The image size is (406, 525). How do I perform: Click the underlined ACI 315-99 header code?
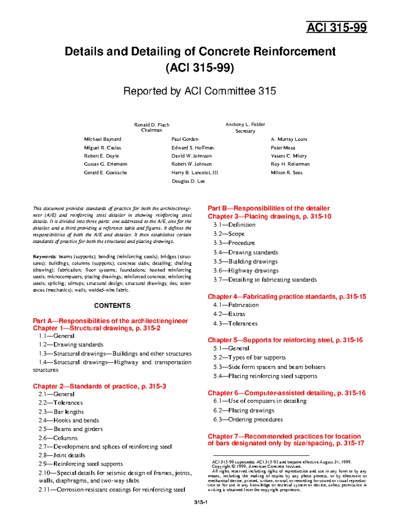click(336, 27)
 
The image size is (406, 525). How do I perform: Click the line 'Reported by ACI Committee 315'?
click(200, 91)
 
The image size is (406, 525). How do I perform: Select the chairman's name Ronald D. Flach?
click(152, 125)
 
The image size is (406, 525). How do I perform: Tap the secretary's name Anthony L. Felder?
click(245, 124)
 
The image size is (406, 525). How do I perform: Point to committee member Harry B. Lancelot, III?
click(195, 172)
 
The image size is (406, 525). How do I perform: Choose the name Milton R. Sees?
click(287, 172)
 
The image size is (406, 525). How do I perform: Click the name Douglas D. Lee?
click(188, 181)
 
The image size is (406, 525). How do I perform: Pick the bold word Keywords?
click(44, 257)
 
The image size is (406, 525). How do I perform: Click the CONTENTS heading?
click(112, 306)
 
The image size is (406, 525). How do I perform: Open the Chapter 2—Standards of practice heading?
click(99, 386)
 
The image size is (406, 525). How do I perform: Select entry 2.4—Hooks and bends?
click(69, 421)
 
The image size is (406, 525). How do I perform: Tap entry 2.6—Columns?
click(58, 438)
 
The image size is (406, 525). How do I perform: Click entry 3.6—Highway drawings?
click(246, 270)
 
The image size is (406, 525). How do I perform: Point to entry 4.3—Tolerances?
click(235, 324)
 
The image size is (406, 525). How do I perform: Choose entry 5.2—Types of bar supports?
click(249, 357)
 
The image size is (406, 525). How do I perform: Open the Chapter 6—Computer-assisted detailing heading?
click(286, 393)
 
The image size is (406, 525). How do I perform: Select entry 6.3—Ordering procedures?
click(248, 420)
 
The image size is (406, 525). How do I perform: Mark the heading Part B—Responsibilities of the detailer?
click(268, 208)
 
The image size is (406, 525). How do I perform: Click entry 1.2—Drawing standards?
click(71, 344)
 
